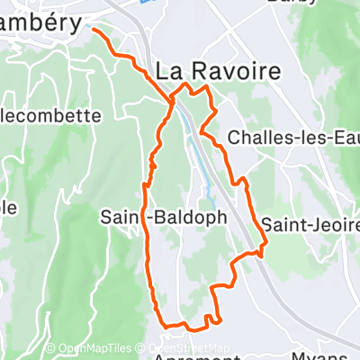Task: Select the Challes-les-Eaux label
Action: coord(292,137)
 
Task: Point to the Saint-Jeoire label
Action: coord(310,222)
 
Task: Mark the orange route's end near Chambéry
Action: coord(94,29)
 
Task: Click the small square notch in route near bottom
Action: coord(212,318)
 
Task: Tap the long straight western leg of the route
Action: coord(147,243)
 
